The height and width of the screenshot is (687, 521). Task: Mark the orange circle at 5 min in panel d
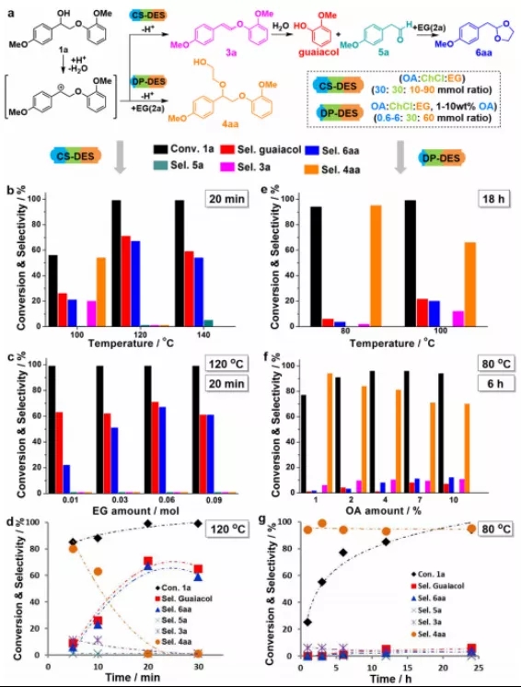tap(73, 549)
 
